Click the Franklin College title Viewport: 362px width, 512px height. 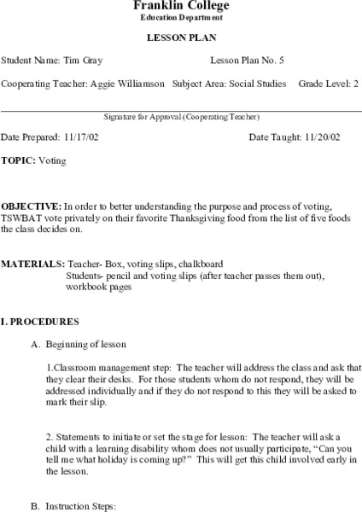point(180,6)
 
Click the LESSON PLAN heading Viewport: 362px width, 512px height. point(180,38)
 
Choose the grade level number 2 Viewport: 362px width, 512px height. point(356,84)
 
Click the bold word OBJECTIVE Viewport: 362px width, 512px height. point(31,207)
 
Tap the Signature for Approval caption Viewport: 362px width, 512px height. point(180,117)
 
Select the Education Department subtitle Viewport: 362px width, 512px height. point(180,18)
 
